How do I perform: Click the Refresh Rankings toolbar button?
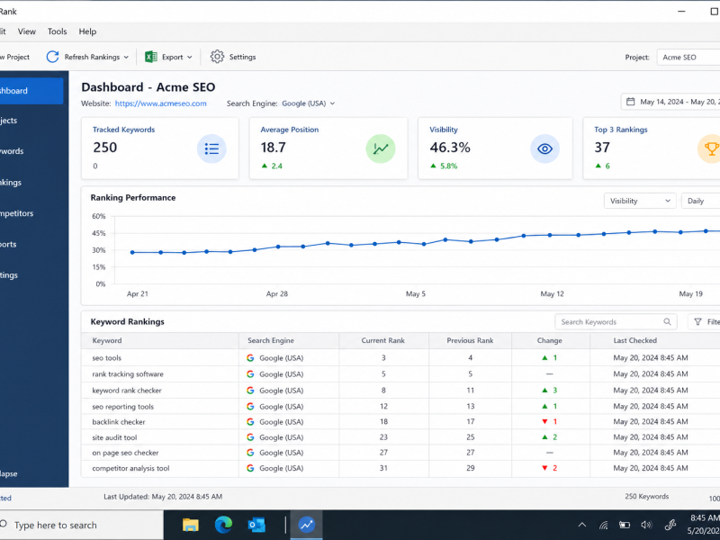(87, 57)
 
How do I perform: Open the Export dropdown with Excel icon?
(168, 57)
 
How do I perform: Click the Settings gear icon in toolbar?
(217, 57)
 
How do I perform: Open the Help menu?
(87, 31)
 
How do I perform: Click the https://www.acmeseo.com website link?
(161, 103)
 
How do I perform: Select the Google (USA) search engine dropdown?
(308, 103)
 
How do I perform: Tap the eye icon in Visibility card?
(544, 148)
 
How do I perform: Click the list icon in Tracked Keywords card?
(211, 148)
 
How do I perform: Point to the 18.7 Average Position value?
(274, 148)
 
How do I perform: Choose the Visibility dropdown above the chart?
(640, 201)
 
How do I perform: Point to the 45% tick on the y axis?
(99, 233)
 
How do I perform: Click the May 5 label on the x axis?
(416, 294)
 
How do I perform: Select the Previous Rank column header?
(470, 341)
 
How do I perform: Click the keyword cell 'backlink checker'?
(119, 422)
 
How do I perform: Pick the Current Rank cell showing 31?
(383, 468)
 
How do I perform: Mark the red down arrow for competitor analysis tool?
(544, 468)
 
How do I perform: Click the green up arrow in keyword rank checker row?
(544, 391)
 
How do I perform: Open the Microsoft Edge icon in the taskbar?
(223, 525)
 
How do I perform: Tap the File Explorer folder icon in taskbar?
(191, 525)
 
